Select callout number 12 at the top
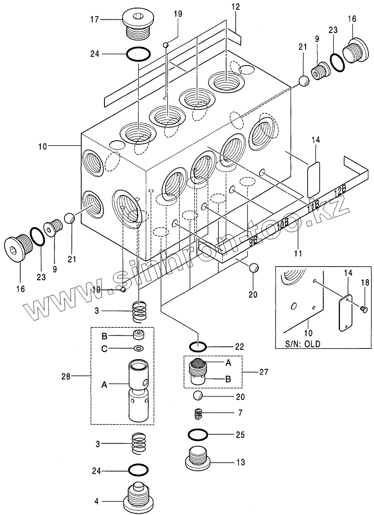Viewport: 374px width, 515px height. [236, 7]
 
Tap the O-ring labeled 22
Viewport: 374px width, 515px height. [199, 346]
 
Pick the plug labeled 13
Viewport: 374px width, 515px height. [198, 459]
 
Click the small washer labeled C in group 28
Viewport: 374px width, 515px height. [139, 348]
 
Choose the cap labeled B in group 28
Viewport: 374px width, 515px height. [138, 335]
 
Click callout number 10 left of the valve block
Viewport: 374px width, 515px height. [42, 146]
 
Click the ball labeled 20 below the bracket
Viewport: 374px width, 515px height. [253, 268]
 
